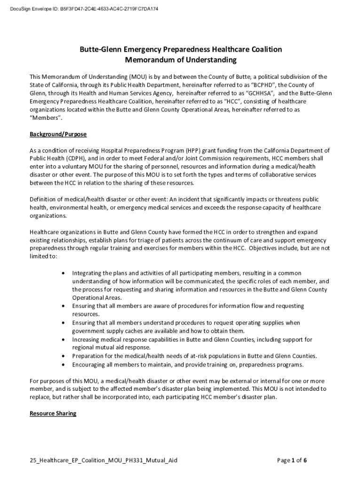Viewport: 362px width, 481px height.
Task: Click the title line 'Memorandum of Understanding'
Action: (x=181, y=60)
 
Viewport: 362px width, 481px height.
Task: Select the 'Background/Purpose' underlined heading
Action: (x=58, y=134)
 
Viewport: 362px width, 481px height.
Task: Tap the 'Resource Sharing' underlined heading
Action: (x=53, y=414)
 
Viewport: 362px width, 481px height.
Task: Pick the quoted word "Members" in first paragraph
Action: (x=46, y=118)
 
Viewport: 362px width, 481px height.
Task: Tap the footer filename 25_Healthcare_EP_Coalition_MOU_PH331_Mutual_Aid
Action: (x=103, y=460)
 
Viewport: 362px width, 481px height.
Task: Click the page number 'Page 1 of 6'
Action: (x=292, y=460)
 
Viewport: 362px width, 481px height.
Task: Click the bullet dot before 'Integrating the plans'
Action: (x=63, y=273)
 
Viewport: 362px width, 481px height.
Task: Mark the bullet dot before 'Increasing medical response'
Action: (x=63, y=339)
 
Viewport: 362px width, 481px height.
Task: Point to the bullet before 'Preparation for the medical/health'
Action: (x=63, y=356)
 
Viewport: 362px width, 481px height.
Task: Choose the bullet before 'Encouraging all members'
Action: (x=63, y=364)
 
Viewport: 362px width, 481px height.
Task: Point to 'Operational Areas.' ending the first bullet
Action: (x=97, y=298)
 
